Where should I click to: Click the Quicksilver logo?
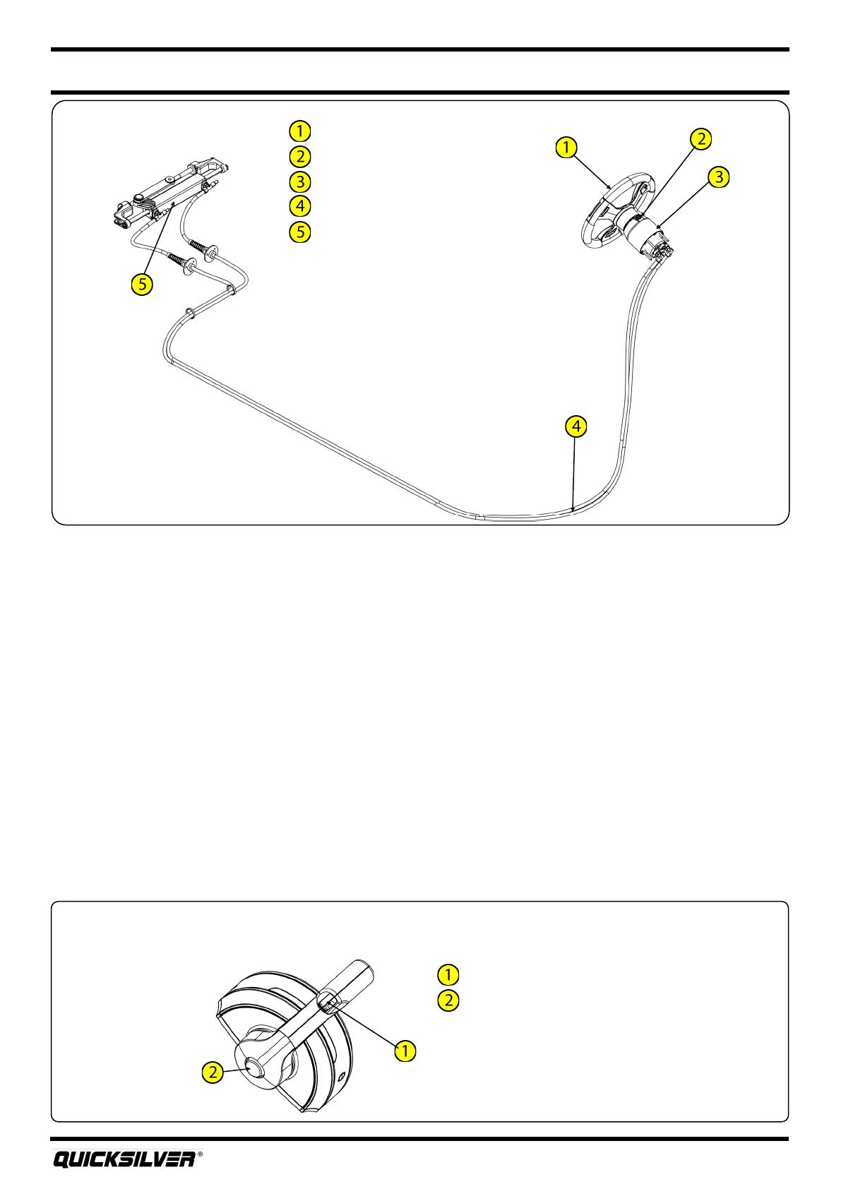(124, 1159)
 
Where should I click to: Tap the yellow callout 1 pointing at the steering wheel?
(566, 148)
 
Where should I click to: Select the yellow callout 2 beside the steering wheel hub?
(700, 139)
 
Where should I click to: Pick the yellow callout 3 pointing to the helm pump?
(719, 177)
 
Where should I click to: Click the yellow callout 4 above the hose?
(576, 426)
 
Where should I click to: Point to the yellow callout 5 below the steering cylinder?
(142, 285)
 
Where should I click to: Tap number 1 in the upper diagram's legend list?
(300, 131)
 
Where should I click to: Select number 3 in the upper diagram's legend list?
(300, 181)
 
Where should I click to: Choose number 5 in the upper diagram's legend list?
(300, 232)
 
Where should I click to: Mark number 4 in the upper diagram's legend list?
(300, 206)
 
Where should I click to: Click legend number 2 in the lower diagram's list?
(448, 1000)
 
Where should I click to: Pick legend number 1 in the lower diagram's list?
(448, 974)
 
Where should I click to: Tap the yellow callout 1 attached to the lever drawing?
(405, 1051)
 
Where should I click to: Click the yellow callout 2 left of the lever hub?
(213, 1073)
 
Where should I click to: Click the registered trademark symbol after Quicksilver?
(200, 1155)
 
